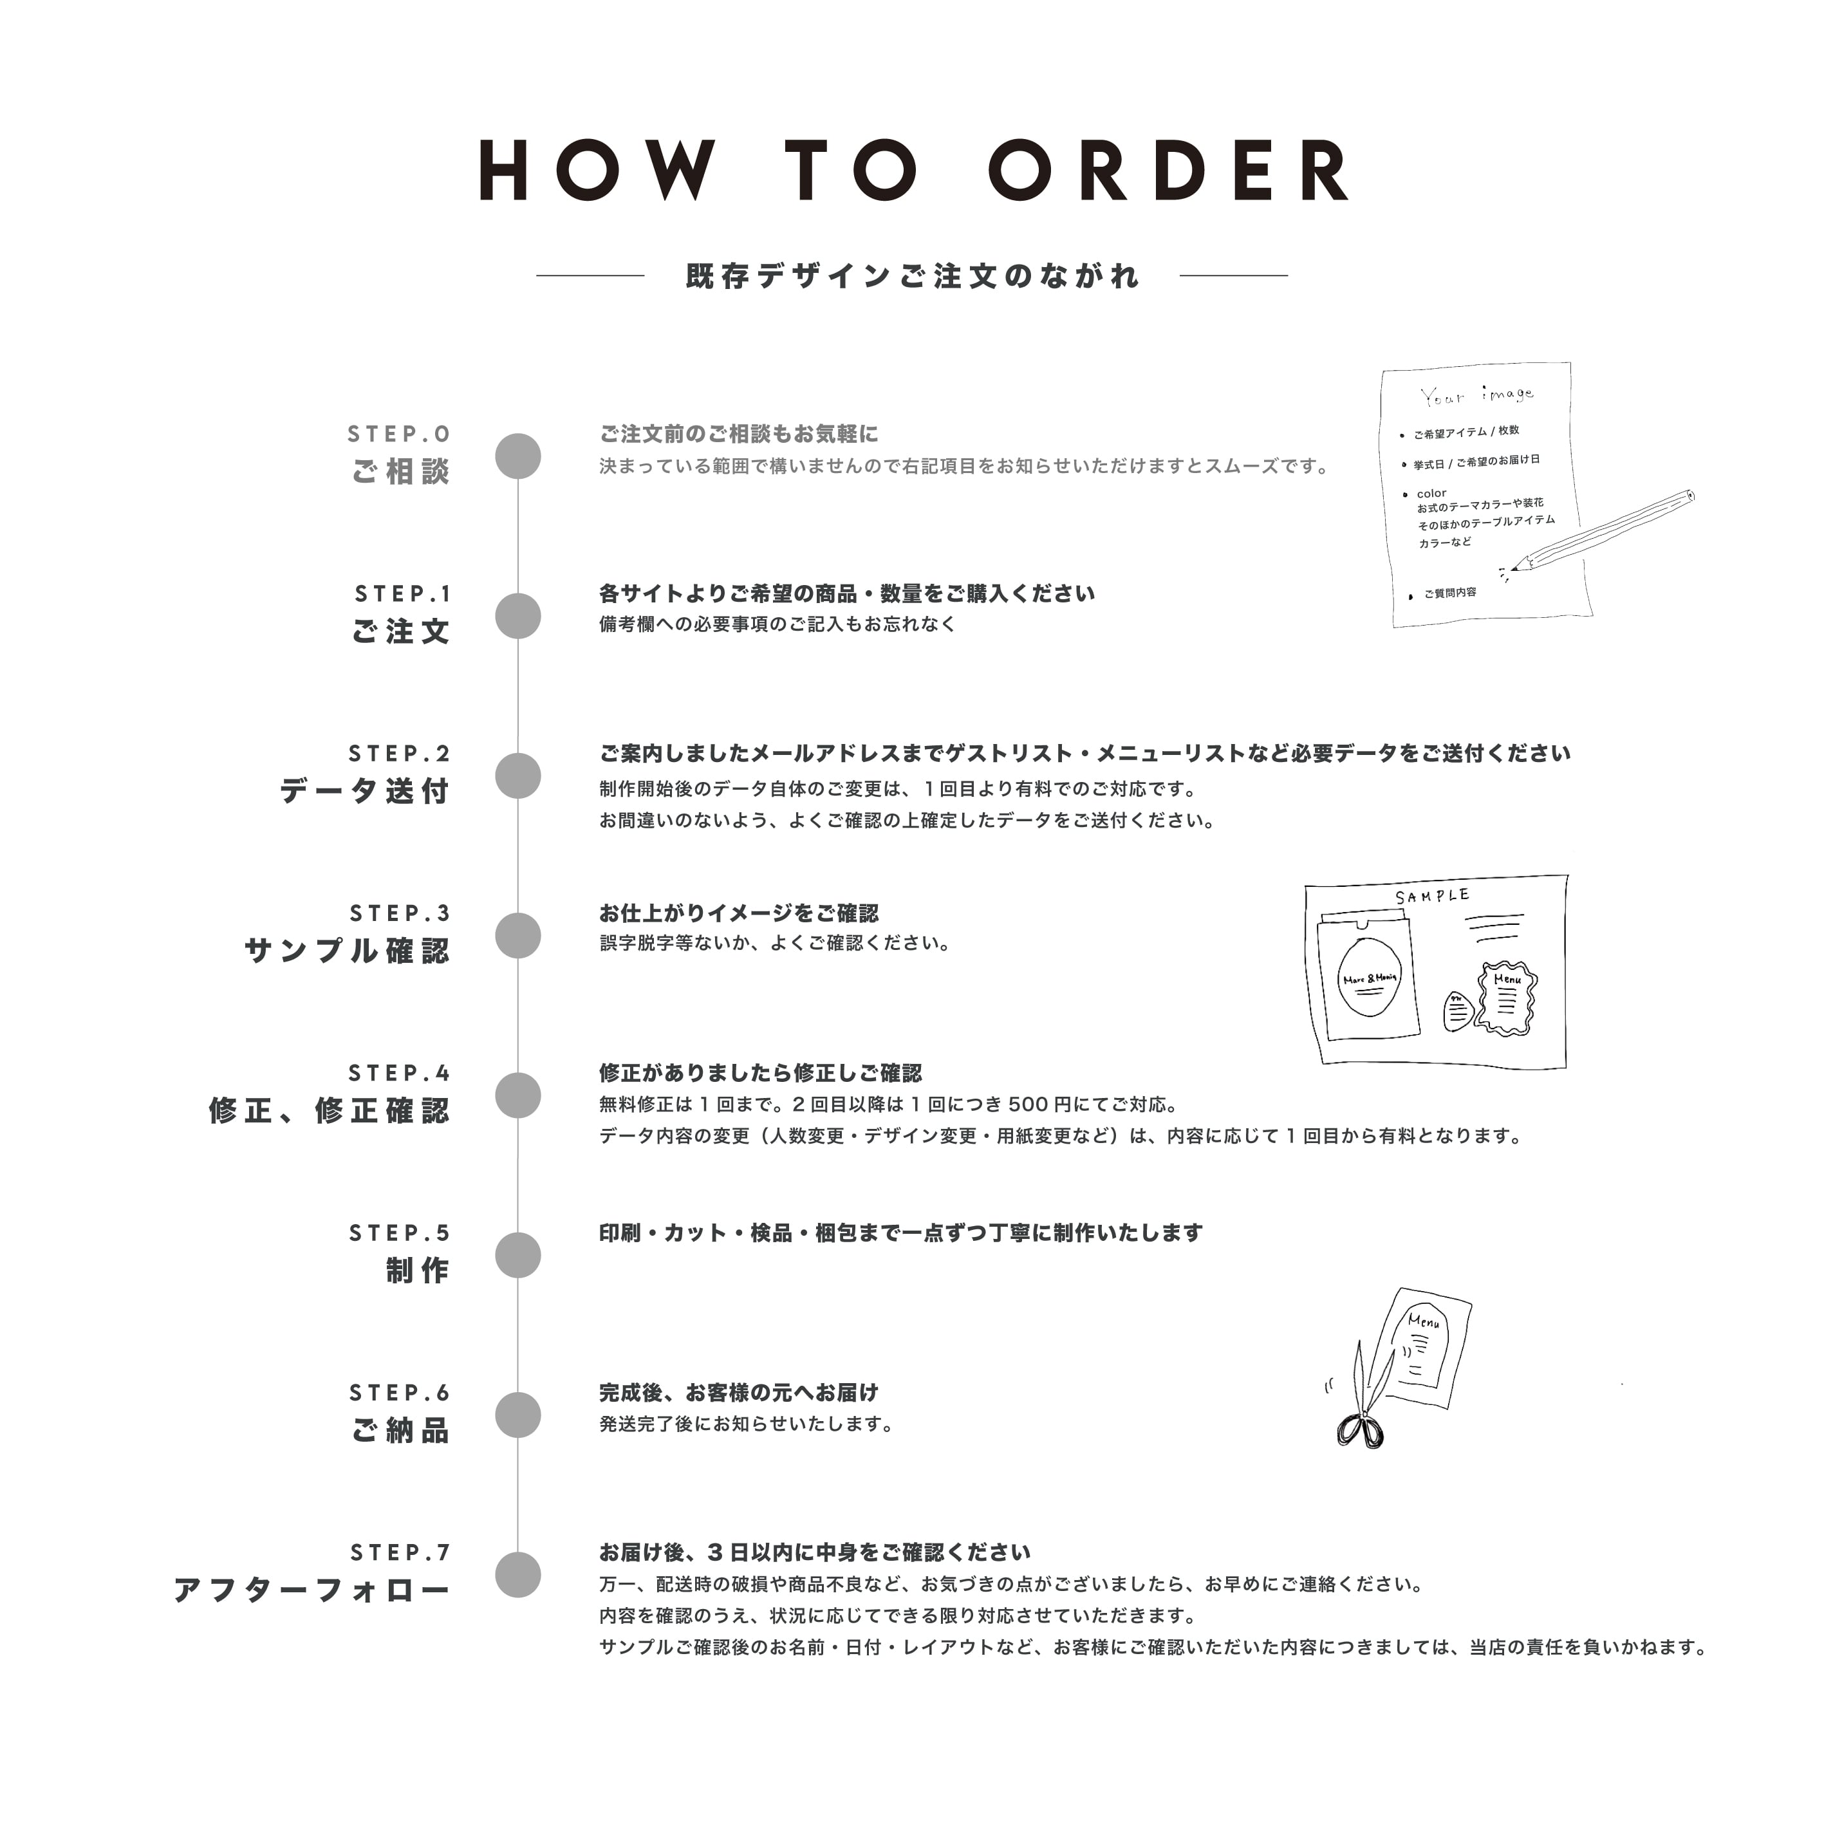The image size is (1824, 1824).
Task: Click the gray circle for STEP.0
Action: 518,456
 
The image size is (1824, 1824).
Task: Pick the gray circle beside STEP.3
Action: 518,936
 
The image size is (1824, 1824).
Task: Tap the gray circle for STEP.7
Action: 518,1575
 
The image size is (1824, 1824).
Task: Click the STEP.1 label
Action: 403,594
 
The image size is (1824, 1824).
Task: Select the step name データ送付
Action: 364,790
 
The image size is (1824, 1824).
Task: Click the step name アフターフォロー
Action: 312,1590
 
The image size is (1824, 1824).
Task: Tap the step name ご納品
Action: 400,1430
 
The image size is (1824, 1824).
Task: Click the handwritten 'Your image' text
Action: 1476,395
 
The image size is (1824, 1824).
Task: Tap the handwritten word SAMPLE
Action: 1432,895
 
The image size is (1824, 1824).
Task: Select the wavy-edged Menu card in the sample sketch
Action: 1507,997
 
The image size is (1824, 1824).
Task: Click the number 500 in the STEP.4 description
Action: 1028,1104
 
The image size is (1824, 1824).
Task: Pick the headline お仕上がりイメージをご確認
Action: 738,913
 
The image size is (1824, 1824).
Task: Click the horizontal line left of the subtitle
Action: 590,275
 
